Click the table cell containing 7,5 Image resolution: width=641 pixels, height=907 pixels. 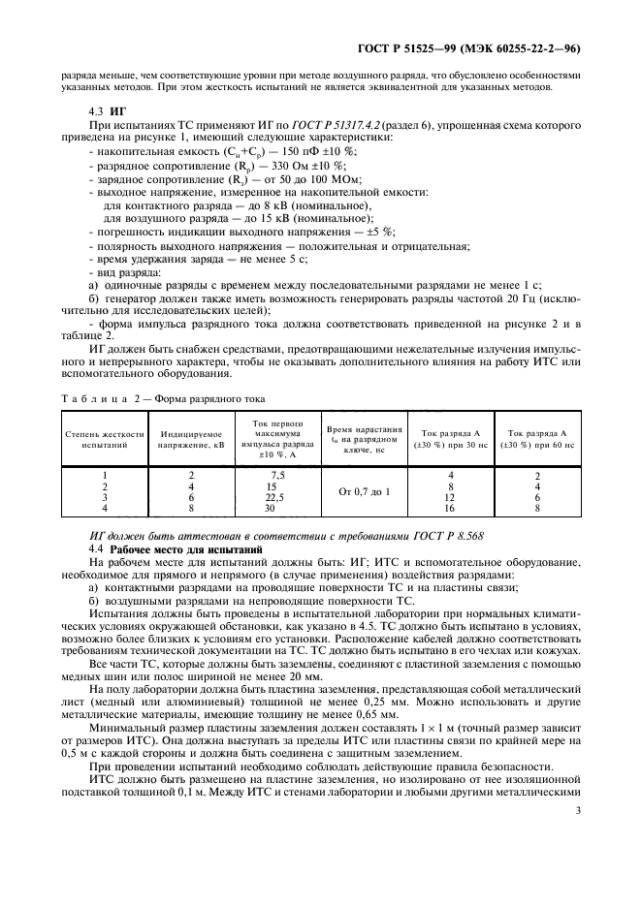278,475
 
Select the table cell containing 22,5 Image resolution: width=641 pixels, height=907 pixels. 278,496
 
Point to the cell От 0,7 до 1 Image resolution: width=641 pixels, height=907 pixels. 364,491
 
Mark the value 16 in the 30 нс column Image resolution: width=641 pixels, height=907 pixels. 450,507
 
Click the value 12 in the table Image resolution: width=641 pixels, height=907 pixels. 450,496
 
